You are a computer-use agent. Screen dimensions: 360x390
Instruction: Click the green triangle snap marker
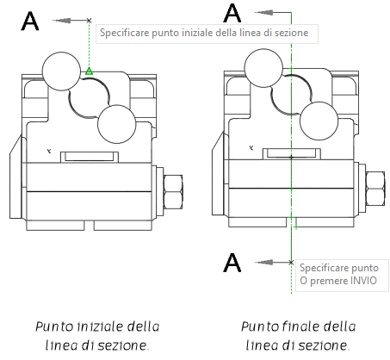pos(89,71)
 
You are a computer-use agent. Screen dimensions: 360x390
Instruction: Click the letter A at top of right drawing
pos(232,14)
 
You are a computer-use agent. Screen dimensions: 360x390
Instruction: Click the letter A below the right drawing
pos(232,263)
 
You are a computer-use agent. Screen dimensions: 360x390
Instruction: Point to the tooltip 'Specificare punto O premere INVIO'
pos(335,276)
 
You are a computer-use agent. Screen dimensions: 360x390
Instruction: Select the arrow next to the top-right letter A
pos(271,13)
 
